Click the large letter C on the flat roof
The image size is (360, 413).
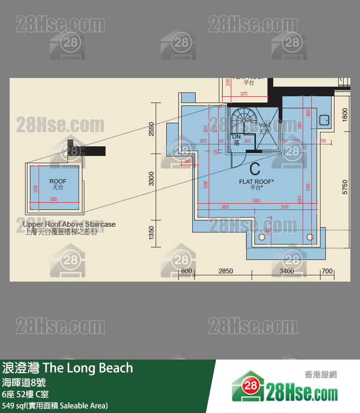tap(255, 169)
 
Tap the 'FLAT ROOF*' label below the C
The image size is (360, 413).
tap(256, 181)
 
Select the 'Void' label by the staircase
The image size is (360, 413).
tap(265, 125)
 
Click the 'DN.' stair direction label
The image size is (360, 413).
tap(237, 137)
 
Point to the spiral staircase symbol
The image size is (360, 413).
tap(244, 121)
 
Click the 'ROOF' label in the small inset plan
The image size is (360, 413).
tap(58, 181)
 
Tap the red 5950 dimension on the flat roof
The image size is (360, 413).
tap(256, 201)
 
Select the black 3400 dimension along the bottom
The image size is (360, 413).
tap(287, 271)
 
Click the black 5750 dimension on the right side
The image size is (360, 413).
tap(345, 187)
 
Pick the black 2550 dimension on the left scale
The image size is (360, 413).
tap(151, 129)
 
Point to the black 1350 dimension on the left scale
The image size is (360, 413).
tap(151, 232)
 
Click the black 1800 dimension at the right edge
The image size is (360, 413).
tap(345, 114)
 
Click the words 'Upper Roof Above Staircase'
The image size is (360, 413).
tap(69, 224)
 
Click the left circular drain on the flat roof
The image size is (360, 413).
tap(262, 237)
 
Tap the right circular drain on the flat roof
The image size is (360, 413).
tap(310, 237)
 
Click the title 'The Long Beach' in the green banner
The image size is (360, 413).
tap(88, 368)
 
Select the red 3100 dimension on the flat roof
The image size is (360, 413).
tap(284, 207)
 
